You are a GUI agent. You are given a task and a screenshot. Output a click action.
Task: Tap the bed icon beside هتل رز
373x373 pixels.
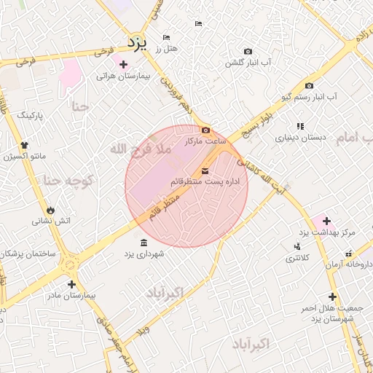pos(167,37)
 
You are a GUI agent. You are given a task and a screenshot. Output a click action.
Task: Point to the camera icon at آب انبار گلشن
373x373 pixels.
pos(248,52)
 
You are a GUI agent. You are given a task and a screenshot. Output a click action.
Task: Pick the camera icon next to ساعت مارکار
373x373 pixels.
pos(205,130)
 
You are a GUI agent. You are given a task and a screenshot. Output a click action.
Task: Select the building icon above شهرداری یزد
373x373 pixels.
pos(143,243)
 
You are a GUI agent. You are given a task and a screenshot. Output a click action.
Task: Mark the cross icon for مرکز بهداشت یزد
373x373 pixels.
pos(326,221)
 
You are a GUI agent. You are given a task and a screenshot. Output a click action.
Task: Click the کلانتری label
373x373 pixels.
pos(297,258)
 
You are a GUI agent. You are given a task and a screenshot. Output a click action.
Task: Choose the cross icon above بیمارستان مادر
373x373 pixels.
pos(71,284)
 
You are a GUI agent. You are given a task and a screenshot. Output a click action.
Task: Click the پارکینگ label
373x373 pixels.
pos(31,115)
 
